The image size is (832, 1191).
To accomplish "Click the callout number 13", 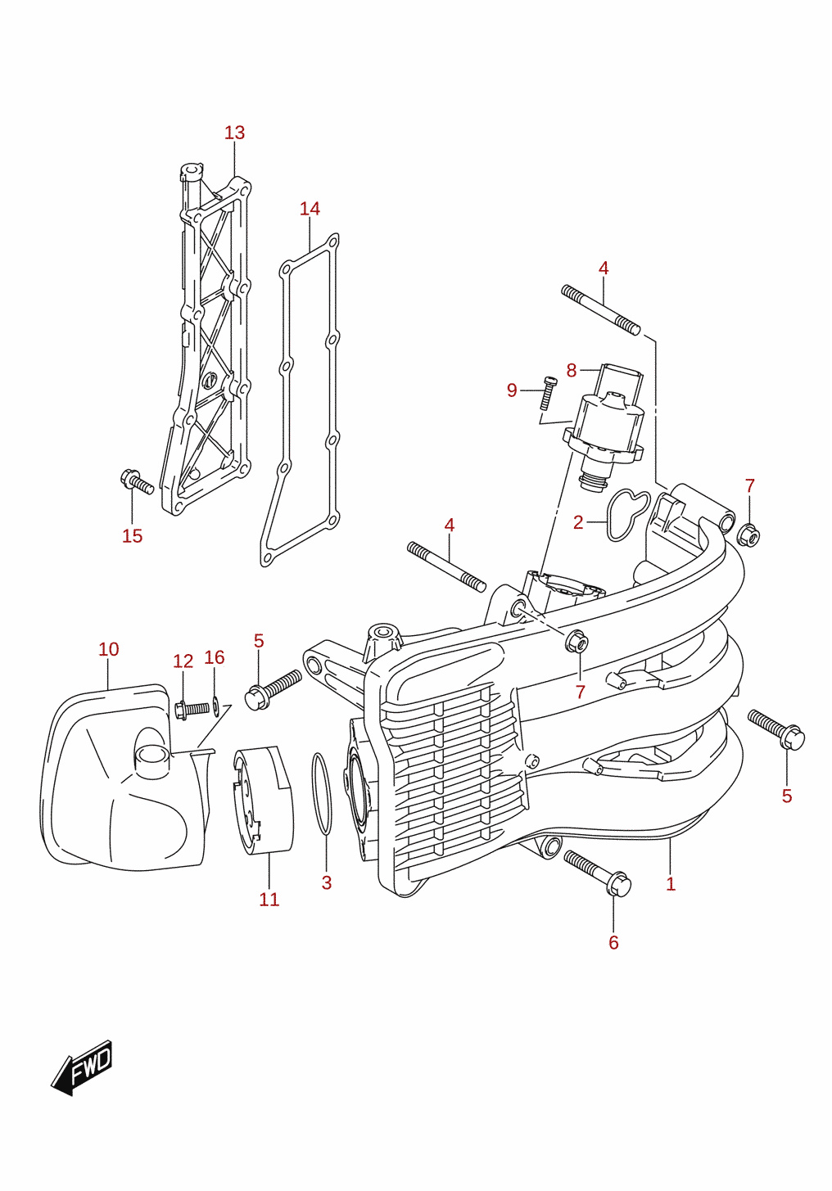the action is click(234, 133).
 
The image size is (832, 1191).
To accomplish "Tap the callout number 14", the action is click(310, 209).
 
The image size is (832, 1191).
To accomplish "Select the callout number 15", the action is click(133, 536).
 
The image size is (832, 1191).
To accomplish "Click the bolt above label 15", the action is click(137, 481).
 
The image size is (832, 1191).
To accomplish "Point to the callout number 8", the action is click(572, 371).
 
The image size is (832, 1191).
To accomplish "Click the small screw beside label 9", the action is click(547, 394).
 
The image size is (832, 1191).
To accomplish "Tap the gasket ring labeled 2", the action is click(628, 515).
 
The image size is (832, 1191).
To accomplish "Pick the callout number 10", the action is click(109, 649).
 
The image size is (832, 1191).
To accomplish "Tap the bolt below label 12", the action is click(192, 709).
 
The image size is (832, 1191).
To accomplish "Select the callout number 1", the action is click(671, 884).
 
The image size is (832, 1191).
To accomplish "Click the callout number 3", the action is click(327, 882).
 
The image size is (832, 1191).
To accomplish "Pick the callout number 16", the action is click(215, 657).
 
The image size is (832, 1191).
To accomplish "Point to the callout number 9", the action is click(512, 390).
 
